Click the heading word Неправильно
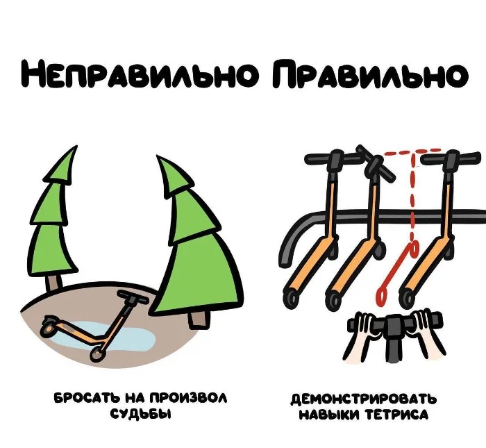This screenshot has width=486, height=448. (x=140, y=74)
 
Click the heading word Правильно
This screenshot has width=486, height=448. (x=370, y=74)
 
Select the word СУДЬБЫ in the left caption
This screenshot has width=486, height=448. (x=141, y=414)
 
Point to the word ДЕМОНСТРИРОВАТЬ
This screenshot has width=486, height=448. (x=364, y=399)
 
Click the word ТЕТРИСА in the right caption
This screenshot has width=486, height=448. (x=396, y=415)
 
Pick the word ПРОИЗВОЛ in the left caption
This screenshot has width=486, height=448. (x=188, y=399)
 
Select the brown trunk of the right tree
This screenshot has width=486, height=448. (x=197, y=320)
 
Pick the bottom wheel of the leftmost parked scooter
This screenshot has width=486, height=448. (x=292, y=297)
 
